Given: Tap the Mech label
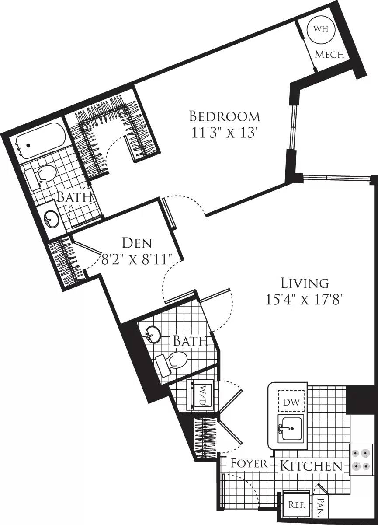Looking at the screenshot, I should [330, 55].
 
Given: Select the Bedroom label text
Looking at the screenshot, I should [224, 116].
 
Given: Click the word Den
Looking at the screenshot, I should [137, 243].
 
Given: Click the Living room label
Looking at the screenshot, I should [305, 283].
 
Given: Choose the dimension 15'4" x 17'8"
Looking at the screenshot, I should [305, 300].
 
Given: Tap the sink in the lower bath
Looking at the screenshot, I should [153, 335].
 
